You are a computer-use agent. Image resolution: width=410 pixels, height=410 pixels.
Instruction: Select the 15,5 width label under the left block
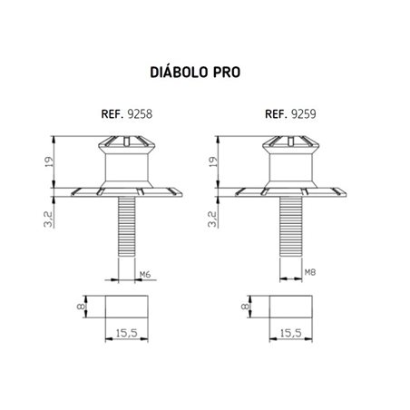[126, 335]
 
